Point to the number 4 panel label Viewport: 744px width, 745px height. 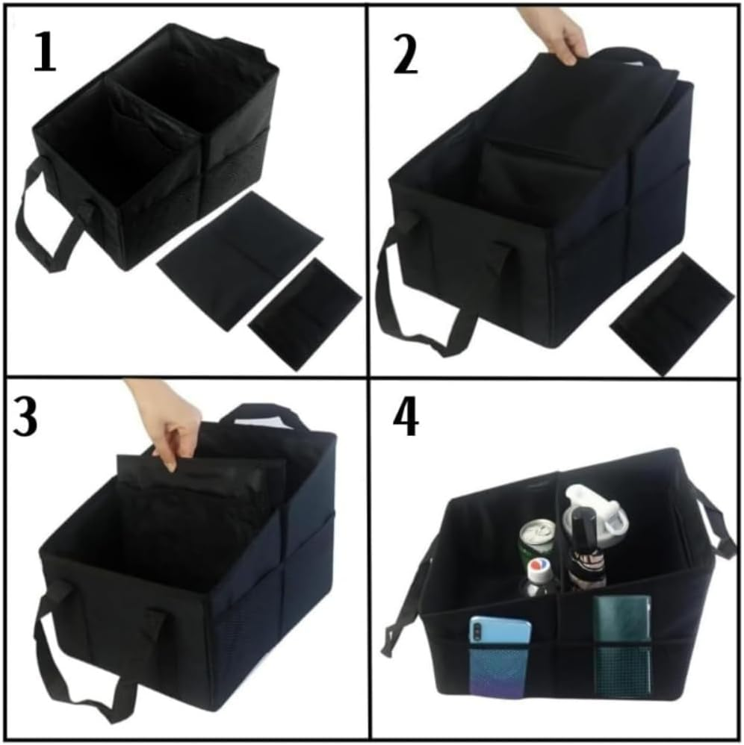coord(406,422)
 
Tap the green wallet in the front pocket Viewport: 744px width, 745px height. coord(621,642)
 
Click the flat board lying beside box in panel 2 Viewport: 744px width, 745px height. coord(672,311)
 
